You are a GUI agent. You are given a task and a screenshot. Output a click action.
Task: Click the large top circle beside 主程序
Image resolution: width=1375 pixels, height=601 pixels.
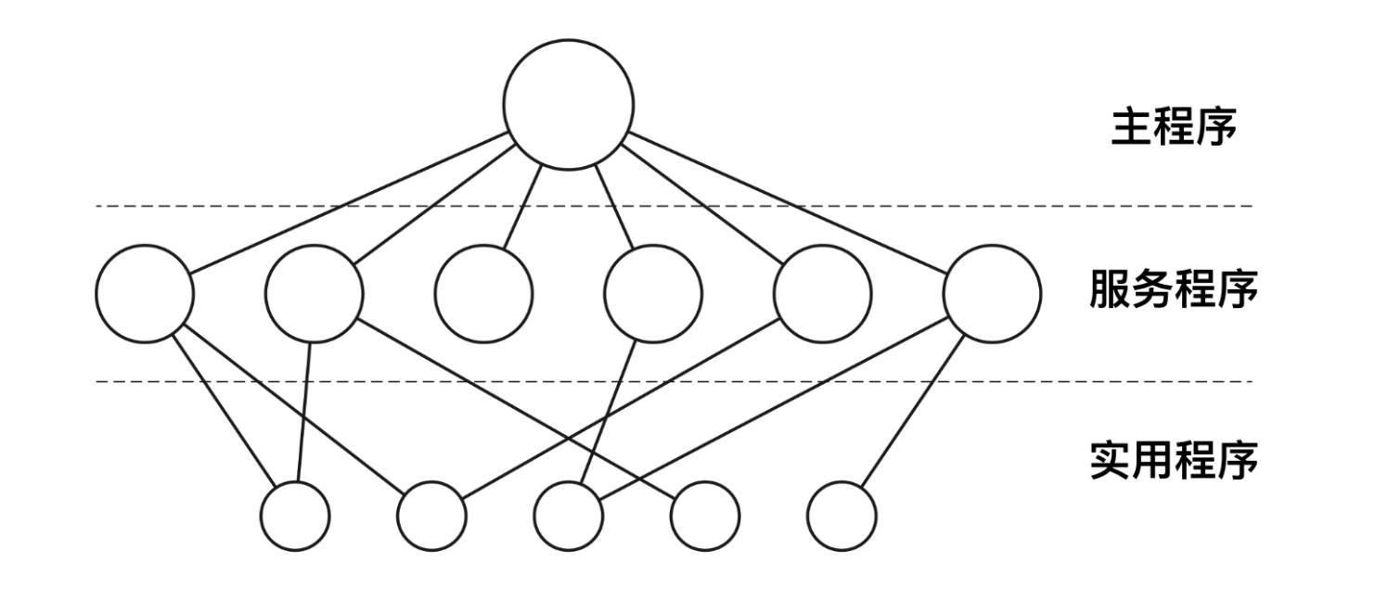[569, 104]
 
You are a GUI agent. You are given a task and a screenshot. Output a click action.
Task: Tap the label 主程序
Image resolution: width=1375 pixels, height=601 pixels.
[1174, 129]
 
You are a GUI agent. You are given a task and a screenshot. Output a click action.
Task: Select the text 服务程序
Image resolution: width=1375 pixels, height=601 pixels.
[1174, 291]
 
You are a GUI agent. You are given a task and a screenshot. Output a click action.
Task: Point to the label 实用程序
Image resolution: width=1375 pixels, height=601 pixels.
[1174, 460]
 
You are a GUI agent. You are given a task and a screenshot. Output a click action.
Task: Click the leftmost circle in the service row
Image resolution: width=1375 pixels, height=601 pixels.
[145, 293]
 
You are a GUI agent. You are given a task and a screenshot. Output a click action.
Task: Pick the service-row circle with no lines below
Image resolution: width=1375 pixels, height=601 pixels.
[484, 293]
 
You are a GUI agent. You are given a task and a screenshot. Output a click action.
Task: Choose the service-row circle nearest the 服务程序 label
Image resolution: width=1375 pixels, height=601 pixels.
[992, 293]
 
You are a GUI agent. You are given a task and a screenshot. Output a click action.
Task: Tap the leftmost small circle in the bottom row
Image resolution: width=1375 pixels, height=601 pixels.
[295, 516]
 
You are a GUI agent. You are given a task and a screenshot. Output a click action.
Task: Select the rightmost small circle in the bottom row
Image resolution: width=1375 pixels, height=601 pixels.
[842, 516]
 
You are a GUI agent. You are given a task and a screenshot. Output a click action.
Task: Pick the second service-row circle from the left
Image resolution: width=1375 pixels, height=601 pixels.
[315, 293]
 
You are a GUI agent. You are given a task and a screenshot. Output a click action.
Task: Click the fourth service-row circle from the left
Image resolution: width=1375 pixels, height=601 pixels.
[653, 293]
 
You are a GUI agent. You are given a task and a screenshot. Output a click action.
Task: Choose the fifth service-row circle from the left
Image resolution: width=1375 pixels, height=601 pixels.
[822, 293]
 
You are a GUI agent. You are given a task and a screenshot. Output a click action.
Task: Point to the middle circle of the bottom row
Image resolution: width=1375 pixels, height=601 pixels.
[569, 516]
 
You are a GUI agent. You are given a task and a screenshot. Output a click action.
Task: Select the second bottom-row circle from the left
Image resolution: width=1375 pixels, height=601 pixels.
[431, 516]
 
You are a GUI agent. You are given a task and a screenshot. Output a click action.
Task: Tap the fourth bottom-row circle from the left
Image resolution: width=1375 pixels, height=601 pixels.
[705, 516]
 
